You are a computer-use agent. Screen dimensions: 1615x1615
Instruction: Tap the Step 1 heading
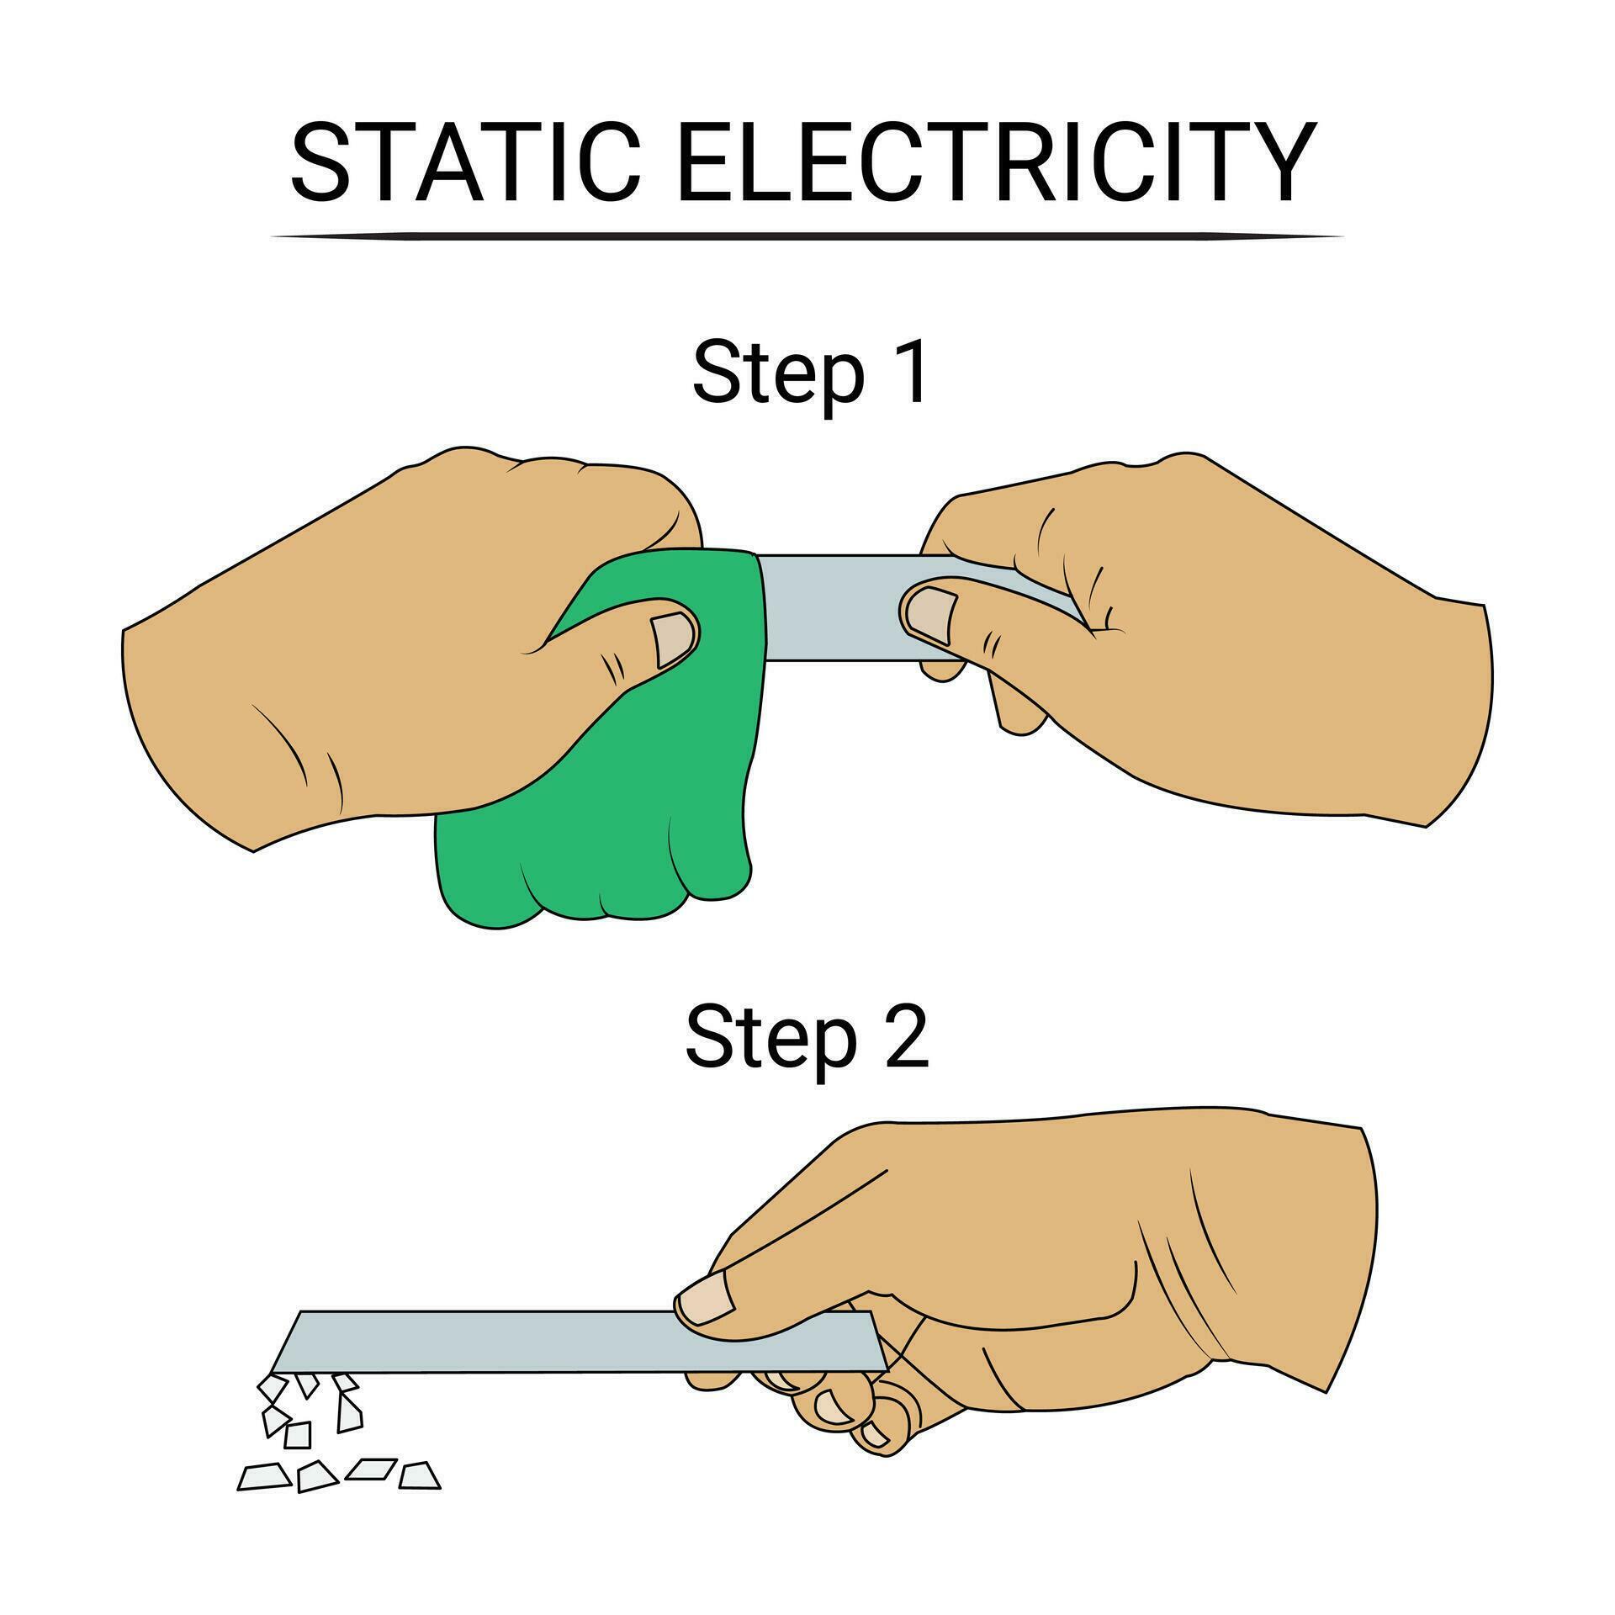coord(811,372)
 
